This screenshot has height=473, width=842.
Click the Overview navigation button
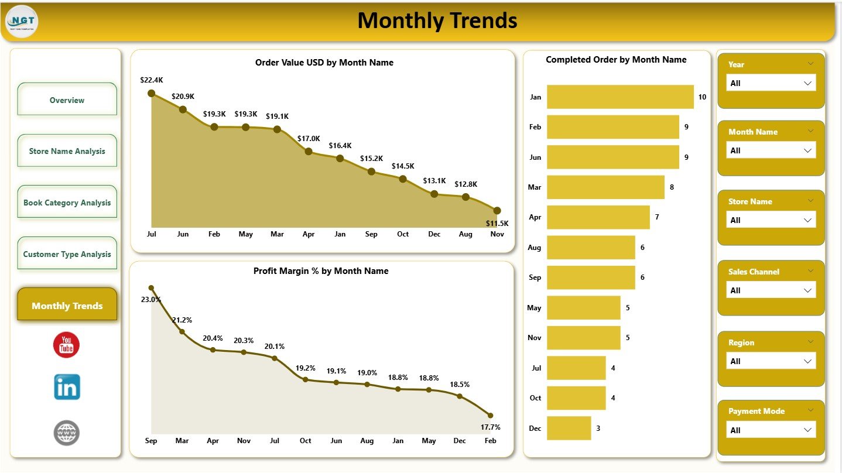pos(67,100)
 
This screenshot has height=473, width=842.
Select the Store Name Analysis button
pos(67,151)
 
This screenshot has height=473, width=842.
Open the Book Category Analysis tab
pos(67,203)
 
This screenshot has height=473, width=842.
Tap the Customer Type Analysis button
pos(67,254)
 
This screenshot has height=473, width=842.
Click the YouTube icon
pos(66,345)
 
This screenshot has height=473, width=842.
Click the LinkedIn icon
pos(67,387)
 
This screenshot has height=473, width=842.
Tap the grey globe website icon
pos(66,433)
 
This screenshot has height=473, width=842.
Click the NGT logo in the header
pos(22,22)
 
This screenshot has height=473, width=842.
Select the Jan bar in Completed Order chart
pos(619,97)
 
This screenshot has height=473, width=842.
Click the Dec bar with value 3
pos(569,428)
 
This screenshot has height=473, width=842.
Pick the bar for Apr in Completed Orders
pos(598,217)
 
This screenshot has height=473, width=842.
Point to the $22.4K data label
pos(152,80)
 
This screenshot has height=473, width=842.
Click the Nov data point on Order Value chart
pos(497,211)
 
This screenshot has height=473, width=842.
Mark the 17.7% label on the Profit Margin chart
pos(490,427)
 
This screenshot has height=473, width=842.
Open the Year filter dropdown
pos(771,83)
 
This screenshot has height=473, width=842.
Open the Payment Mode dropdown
pos(771,430)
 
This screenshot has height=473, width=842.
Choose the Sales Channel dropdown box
pos(771,290)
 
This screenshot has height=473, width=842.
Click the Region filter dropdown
pos(771,361)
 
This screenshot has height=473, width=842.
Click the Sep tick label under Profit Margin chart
pos(151,441)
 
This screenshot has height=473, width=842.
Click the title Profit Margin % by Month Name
pos(321,271)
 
